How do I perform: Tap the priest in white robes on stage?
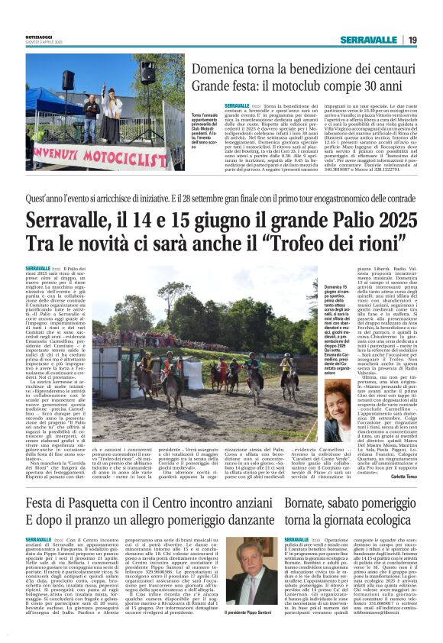tap(112, 115)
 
